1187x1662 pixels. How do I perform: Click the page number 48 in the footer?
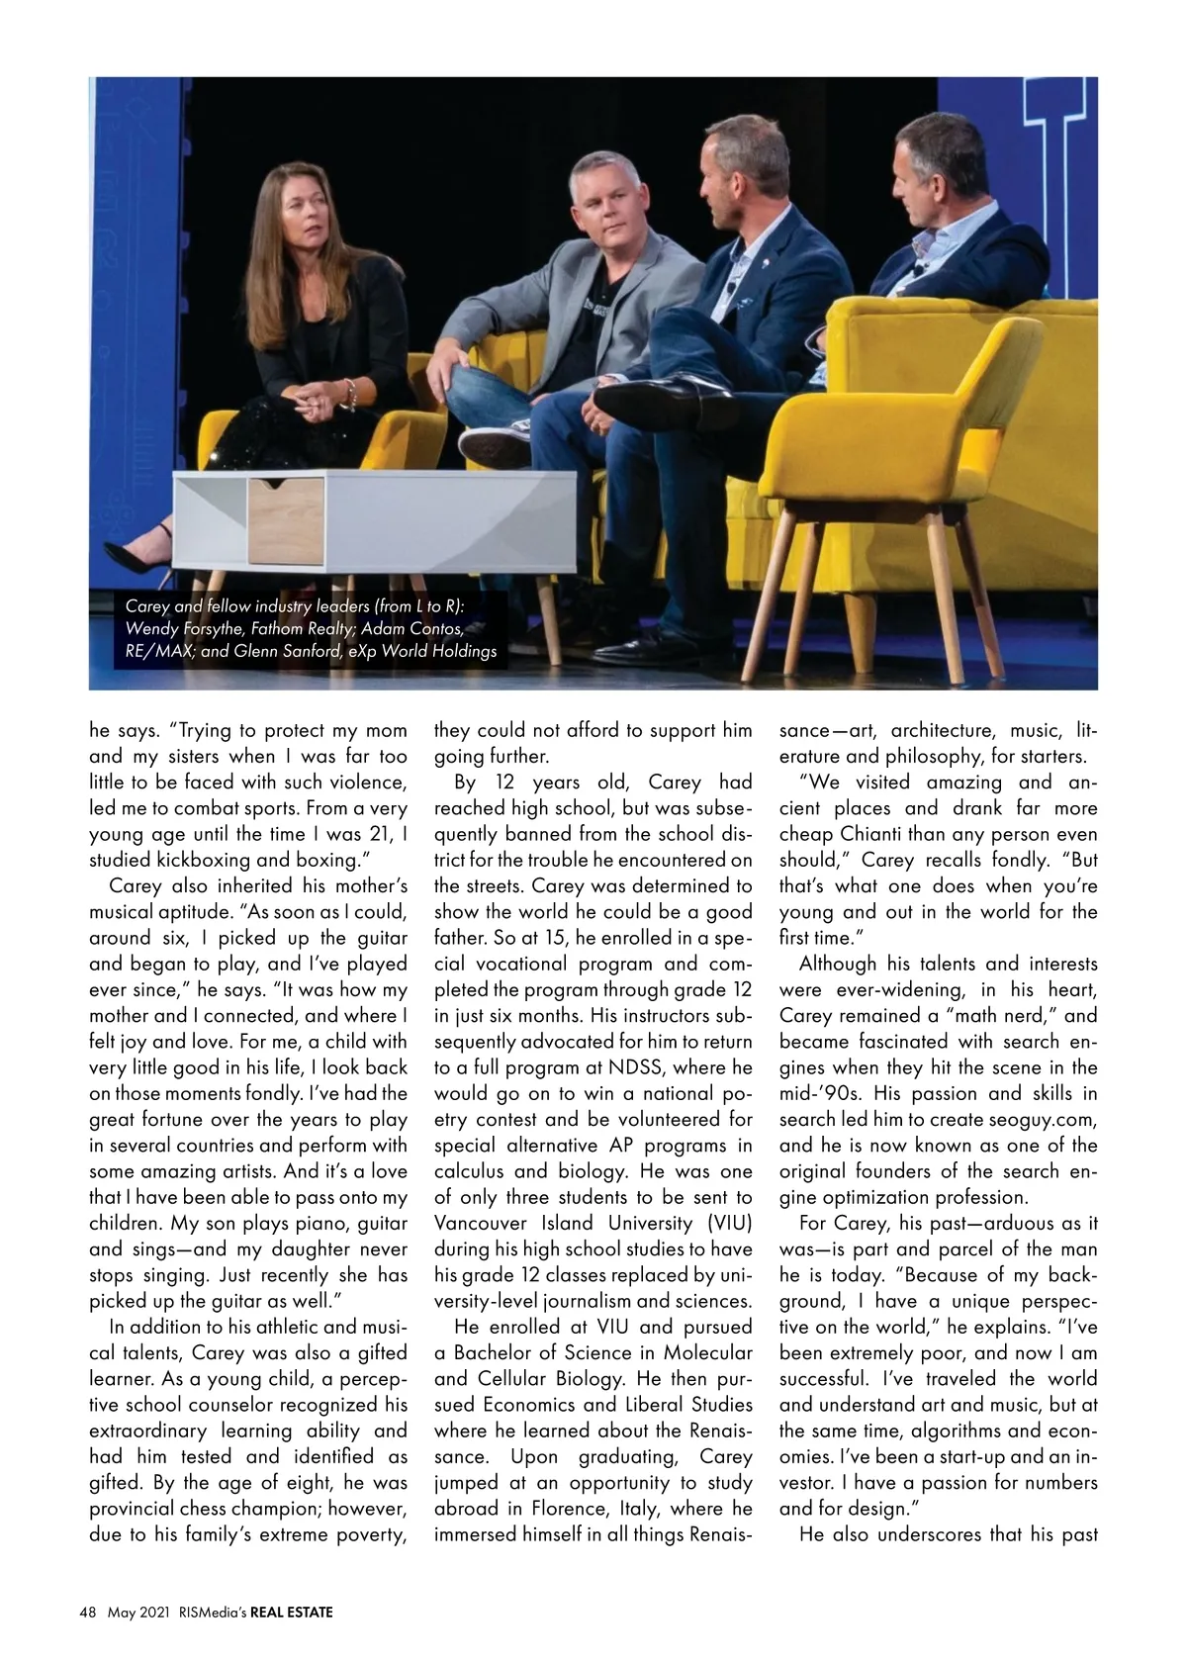[87, 1613]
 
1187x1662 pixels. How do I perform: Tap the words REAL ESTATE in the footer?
[292, 1613]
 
